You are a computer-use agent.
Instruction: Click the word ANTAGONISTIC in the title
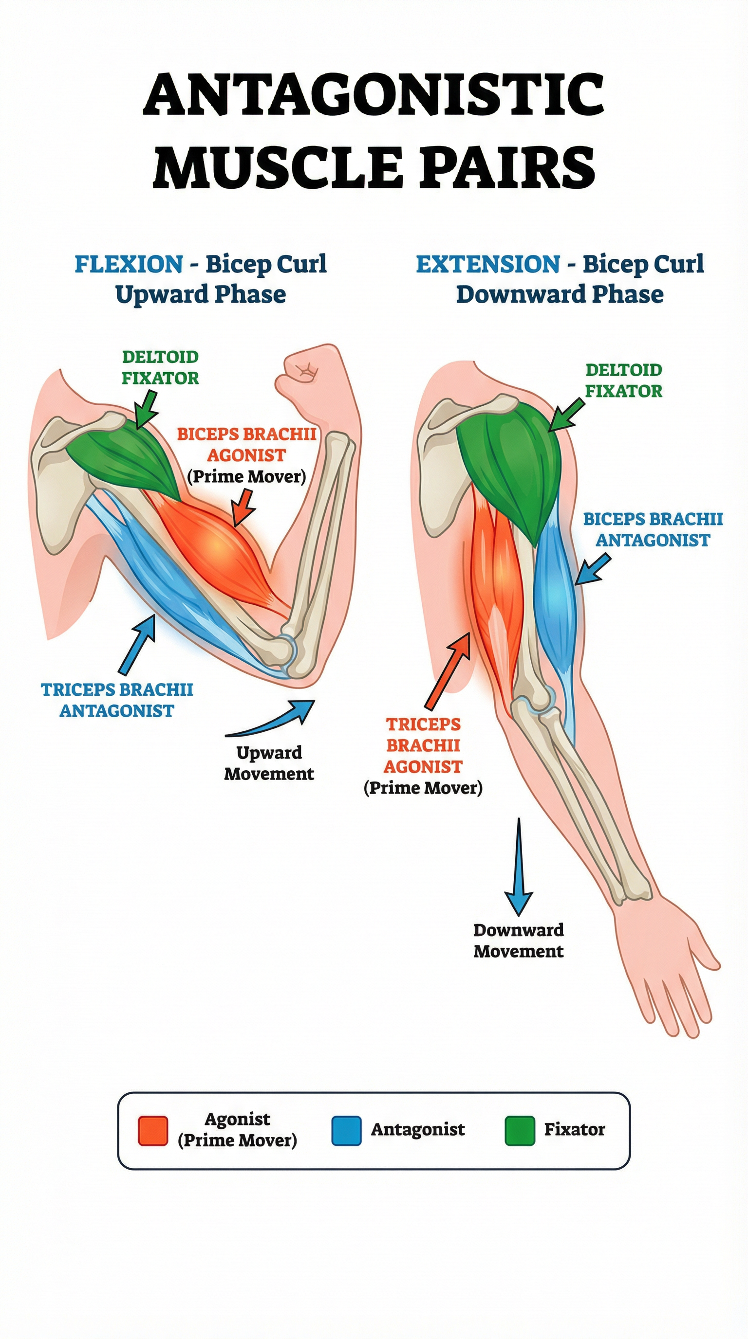(x=374, y=95)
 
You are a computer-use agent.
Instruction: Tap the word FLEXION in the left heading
(x=129, y=264)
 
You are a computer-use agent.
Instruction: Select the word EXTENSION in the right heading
(x=487, y=264)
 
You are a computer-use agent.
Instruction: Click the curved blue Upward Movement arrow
(x=276, y=720)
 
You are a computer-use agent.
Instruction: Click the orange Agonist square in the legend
(x=153, y=1131)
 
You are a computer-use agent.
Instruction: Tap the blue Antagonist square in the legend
(x=346, y=1131)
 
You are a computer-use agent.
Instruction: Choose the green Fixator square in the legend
(x=520, y=1131)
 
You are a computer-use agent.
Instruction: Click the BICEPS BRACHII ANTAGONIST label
(x=653, y=529)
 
